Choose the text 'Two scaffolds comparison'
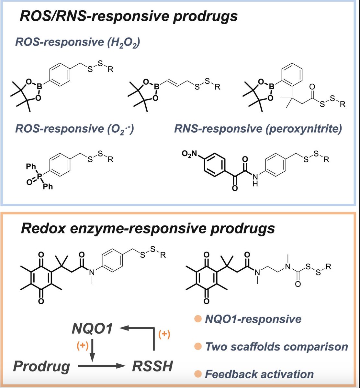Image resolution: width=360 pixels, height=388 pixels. [277, 347]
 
